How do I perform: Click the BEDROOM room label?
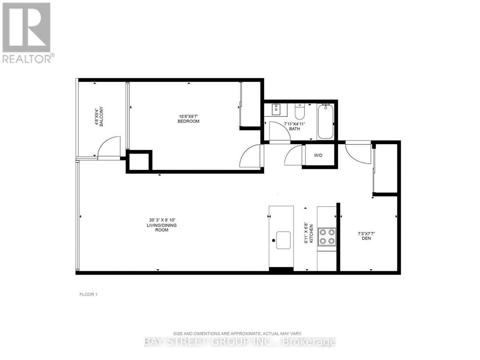coord(188,122)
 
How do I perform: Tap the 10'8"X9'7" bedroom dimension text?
coord(188,116)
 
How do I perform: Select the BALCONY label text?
coord(102,114)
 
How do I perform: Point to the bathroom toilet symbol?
coord(300,112)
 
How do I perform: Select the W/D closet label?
coord(318,156)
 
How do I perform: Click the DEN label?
coord(366,238)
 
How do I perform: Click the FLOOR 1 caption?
coord(89,294)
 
